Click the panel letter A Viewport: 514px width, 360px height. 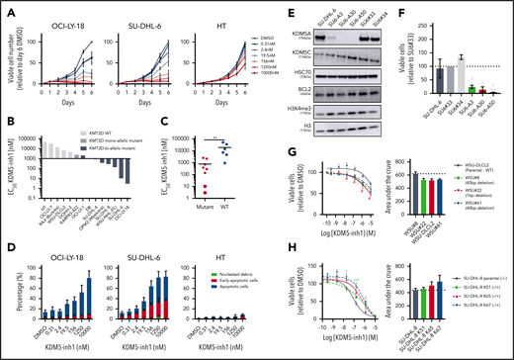pos(6,7)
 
